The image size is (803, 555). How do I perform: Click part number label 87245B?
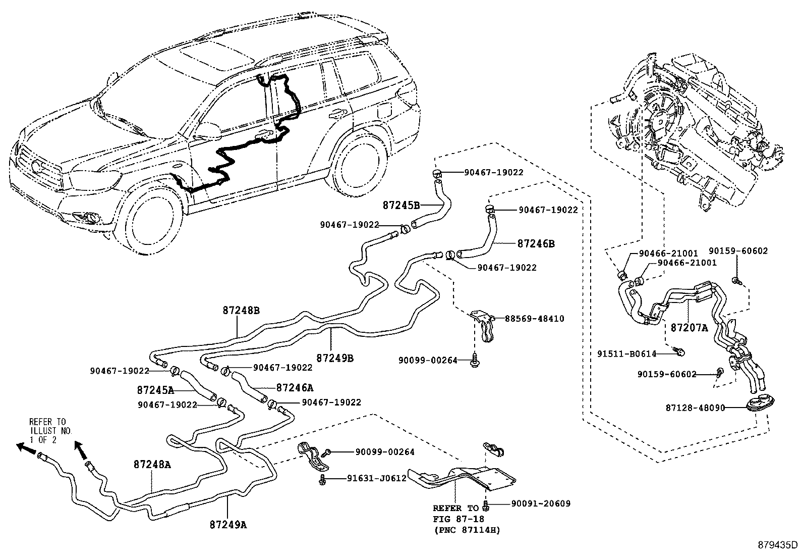pos(401,206)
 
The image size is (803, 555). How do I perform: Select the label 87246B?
pos(536,243)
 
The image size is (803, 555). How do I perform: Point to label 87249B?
pos(335,358)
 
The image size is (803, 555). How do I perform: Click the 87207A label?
pos(689,328)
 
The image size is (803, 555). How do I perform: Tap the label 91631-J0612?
pos(376,478)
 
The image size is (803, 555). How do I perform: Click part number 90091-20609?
pos(541,503)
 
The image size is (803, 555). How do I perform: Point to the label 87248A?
pos(152,465)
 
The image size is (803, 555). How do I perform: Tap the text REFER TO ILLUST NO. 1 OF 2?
pos(50,430)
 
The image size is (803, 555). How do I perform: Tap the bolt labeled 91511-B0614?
pos(679,351)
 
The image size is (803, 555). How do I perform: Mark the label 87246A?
pos(295,388)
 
